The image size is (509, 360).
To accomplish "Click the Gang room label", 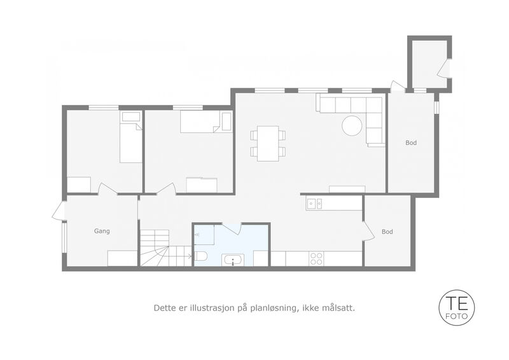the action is tap(102, 231).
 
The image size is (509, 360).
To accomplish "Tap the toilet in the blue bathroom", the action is tap(200, 256).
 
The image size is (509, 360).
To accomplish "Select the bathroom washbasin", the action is tap(233, 260).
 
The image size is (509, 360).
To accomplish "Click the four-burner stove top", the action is tap(316, 258).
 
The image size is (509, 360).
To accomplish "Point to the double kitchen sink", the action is tap(314, 204).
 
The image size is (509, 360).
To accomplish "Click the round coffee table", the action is tap(352, 126).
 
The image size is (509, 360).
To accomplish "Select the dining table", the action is tap(268, 143).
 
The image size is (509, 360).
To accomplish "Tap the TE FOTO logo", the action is tap(456, 307).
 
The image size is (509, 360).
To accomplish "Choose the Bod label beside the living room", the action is tap(411, 143).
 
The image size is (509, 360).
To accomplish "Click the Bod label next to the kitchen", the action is tap(387, 232).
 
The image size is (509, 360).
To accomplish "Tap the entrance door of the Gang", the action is tap(58, 211).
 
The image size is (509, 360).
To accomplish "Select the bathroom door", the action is tap(231, 228).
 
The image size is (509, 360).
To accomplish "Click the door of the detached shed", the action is tap(443, 68).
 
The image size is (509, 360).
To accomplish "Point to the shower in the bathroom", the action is tap(204, 234).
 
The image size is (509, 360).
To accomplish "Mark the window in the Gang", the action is tap(65, 237).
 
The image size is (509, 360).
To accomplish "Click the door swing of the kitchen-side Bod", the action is tap(367, 230).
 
